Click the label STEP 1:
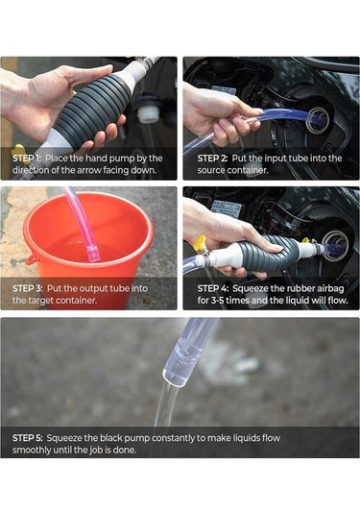tap(27, 159)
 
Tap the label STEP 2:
tap(212, 159)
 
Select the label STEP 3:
tap(28, 288)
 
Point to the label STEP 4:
tap(213, 288)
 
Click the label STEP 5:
tap(28, 438)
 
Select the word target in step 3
tap(37, 301)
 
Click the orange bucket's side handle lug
tap(32, 260)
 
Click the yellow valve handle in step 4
tap(200, 243)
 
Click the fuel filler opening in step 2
tap(319, 119)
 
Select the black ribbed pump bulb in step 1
tap(92, 111)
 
